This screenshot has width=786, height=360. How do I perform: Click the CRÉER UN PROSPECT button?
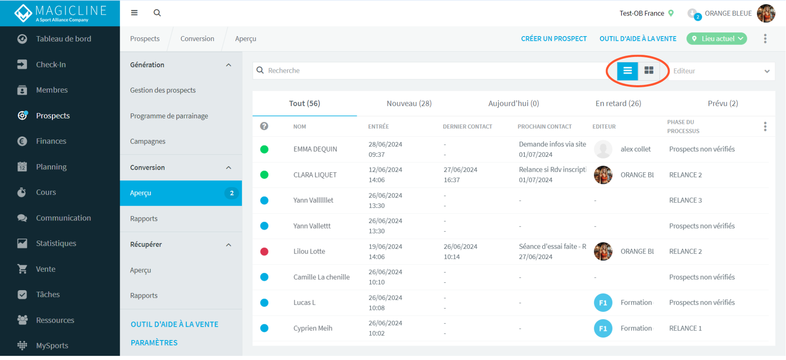(554, 39)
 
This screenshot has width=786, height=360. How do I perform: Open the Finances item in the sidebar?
(51, 141)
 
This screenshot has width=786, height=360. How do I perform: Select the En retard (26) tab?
(618, 104)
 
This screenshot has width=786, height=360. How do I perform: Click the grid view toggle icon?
(649, 71)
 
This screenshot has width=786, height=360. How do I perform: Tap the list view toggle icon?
(628, 71)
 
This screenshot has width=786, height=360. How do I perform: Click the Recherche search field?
(433, 71)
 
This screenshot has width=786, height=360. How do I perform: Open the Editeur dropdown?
(721, 71)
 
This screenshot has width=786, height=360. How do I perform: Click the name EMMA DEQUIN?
(315, 149)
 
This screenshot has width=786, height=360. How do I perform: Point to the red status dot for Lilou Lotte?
(264, 252)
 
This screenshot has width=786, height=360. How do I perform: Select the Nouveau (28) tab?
(409, 104)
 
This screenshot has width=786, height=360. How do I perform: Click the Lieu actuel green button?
(717, 39)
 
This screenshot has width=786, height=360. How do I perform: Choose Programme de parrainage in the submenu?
(169, 116)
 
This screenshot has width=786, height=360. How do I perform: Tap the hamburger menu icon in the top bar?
(134, 13)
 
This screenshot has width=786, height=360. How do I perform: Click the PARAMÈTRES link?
(154, 343)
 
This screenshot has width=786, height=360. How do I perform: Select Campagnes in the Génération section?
(148, 141)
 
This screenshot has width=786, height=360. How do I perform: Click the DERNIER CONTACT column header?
(467, 127)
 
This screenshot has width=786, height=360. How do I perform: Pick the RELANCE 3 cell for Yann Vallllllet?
(685, 200)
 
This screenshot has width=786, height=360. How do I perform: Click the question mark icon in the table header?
(264, 126)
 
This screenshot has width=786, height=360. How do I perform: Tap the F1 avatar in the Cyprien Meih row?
(603, 328)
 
